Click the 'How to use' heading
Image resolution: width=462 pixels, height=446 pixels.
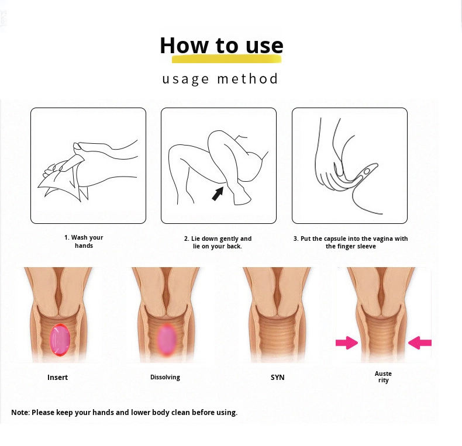222,46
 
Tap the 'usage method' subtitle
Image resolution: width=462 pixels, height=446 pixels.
220,79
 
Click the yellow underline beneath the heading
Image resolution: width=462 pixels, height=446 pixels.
226,59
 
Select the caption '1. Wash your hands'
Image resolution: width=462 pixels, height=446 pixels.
84,241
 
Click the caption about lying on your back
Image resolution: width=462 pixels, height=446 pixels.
218,242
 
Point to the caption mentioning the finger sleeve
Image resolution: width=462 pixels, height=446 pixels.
351,242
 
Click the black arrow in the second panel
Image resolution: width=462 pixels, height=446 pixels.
218,194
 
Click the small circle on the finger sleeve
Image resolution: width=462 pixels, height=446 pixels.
367,171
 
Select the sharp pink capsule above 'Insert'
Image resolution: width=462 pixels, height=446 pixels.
60,340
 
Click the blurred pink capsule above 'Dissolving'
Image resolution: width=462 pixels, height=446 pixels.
167,340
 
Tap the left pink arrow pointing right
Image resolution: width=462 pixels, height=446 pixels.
347,343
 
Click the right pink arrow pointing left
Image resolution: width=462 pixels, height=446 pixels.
419,343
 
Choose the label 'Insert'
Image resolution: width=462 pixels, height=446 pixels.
57,378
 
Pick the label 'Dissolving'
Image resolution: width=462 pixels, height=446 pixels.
165,377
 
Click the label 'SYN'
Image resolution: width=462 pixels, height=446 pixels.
278,378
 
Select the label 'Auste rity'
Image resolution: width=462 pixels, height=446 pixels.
383,377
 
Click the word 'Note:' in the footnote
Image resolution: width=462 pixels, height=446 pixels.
20,413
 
